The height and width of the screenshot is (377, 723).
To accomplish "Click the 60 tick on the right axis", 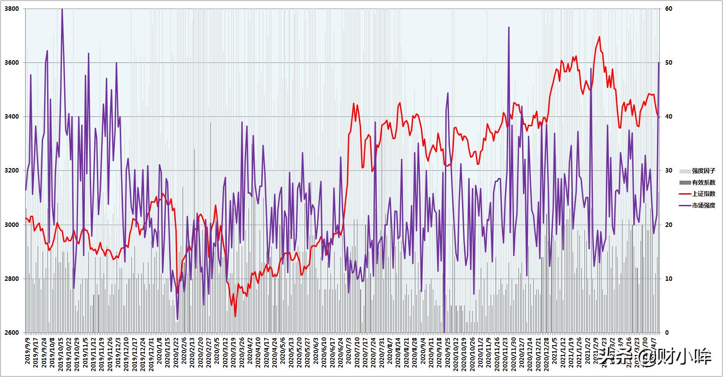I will [668, 9].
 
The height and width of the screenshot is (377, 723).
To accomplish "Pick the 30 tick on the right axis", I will [668, 171].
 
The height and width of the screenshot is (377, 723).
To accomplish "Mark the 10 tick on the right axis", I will [668, 279].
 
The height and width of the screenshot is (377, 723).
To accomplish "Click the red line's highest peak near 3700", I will [599, 37].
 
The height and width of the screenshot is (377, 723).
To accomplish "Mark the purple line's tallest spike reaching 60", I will [62, 9].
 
